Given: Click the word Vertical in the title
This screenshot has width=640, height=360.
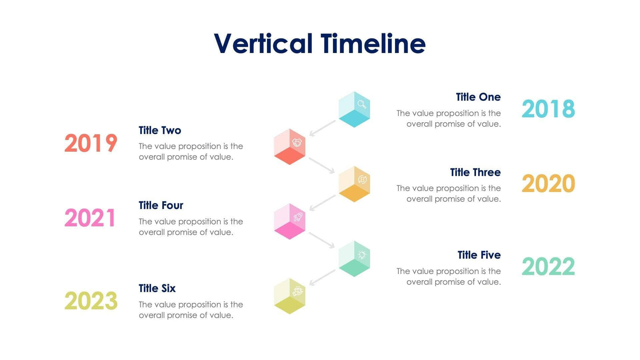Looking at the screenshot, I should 263,43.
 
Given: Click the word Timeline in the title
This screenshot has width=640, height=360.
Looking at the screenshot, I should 373,43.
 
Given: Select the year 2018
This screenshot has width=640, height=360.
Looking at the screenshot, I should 548,109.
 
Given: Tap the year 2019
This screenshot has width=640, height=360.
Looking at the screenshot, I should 91,143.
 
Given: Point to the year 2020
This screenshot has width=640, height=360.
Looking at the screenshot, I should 548,184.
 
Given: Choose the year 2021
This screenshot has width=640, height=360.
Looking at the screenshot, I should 90,218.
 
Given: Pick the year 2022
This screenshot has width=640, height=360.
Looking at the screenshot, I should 548,267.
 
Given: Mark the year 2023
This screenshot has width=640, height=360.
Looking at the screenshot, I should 91,301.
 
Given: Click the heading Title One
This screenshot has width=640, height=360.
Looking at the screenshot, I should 478,97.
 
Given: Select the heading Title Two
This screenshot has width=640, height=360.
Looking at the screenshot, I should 160,130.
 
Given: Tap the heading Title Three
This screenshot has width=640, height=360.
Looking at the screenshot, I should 475,172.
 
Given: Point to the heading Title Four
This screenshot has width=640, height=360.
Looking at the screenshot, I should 161,205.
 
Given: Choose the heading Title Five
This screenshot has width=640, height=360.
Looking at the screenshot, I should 479,255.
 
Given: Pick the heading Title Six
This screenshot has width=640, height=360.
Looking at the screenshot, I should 157,288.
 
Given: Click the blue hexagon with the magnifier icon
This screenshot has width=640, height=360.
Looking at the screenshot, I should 354,109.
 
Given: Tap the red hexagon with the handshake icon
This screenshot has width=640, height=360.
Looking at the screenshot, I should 289,146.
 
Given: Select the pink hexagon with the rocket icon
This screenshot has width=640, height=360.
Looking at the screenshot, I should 289,221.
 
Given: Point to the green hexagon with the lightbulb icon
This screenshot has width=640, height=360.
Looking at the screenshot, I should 354,258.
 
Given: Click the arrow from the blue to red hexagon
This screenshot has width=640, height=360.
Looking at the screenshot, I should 322,128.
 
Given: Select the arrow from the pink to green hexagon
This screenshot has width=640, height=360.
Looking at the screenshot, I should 322,240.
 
